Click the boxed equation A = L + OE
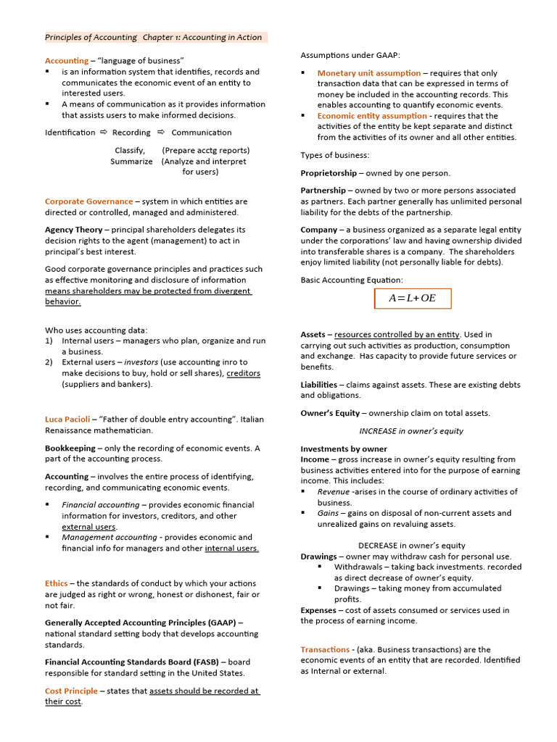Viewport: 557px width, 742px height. coord(413,299)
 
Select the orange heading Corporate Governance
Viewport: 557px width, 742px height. coord(88,201)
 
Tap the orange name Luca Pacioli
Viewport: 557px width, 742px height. coord(67,419)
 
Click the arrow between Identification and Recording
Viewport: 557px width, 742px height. coord(104,133)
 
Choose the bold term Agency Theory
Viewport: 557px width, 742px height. coord(73,230)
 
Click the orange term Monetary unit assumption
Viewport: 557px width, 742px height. coord(368,73)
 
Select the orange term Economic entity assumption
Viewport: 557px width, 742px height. coord(371,116)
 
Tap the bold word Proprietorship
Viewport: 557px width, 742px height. coord(329,173)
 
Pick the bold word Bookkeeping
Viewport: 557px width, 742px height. coord(70,448)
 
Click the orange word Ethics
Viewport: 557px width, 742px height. coord(57,583)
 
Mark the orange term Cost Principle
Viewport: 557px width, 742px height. coord(71,691)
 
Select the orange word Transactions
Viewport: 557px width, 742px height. coord(325,649)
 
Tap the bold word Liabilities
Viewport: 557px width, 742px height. coord(318,385)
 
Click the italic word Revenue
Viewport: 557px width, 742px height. coord(334,491)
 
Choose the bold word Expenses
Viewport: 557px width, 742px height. coord(318,610)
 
